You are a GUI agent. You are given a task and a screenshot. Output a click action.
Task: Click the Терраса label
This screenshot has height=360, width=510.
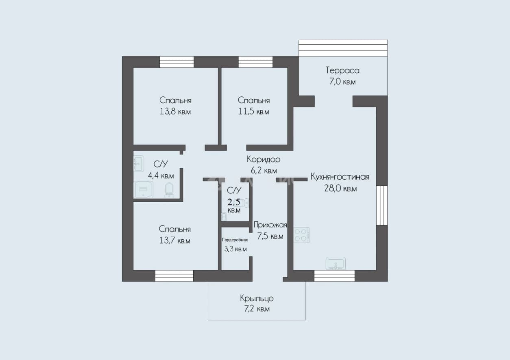(342, 70)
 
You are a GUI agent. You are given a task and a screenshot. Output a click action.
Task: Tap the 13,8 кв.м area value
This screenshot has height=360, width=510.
(175, 112)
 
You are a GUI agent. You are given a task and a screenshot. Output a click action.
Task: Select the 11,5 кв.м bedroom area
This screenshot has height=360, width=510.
(253, 112)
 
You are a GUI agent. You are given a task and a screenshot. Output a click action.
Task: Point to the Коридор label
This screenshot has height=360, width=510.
(264, 159)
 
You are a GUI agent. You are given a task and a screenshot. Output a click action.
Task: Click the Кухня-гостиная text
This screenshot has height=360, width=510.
(340, 177)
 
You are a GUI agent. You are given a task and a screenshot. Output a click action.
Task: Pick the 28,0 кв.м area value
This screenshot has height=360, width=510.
(340, 189)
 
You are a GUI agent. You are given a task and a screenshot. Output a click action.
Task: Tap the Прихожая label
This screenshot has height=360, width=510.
(270, 225)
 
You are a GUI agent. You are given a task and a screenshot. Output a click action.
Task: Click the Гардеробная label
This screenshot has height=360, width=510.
(235, 240)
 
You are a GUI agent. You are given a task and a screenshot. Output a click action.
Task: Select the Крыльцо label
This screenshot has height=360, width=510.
(257, 298)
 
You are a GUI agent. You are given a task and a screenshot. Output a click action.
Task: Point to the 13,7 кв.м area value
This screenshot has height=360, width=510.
(174, 241)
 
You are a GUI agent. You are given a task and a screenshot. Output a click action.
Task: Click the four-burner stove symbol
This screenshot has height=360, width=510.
(301, 235)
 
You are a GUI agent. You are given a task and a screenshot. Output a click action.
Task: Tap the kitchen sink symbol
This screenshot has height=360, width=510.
(336, 264)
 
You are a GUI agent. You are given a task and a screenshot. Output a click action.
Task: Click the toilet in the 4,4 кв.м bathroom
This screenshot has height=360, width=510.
(169, 190)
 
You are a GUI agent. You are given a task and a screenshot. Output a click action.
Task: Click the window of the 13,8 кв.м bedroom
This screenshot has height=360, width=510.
(177, 62)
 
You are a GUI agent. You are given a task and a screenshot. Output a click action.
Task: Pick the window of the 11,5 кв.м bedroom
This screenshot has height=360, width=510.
(255, 62)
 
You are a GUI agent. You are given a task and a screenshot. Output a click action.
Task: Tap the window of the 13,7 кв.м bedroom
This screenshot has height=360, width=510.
(174, 276)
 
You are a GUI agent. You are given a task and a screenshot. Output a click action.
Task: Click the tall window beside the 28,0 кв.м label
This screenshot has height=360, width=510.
(382, 205)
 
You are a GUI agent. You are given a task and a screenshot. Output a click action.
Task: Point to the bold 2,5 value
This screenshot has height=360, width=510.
(234, 202)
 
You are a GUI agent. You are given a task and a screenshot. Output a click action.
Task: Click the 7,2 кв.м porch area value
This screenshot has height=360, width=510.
(257, 309)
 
